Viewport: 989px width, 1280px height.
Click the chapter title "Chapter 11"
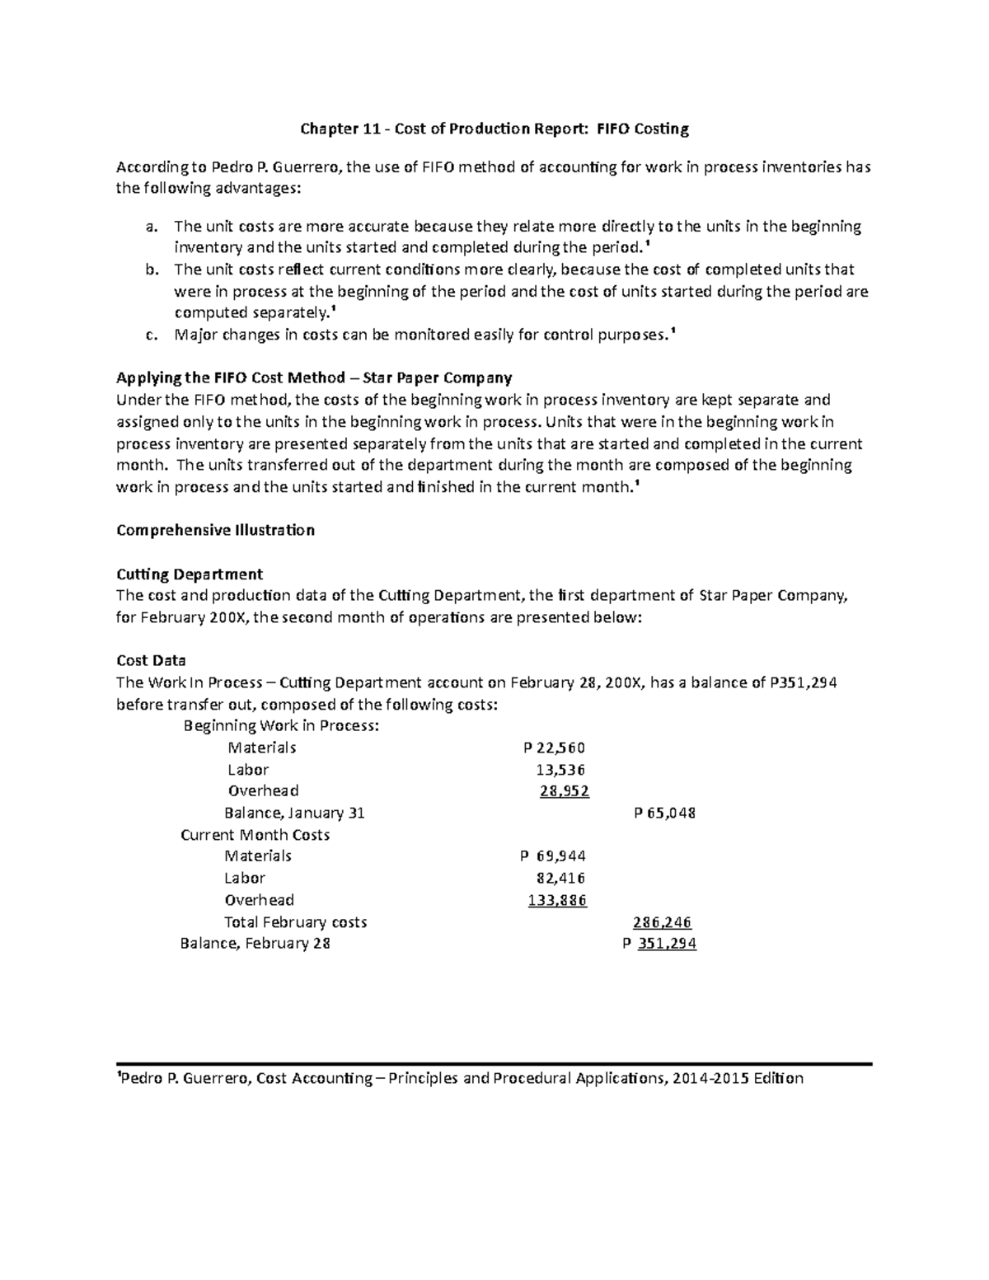point(335,129)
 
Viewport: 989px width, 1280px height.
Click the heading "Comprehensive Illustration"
point(215,530)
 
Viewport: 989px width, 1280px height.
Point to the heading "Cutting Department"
point(190,574)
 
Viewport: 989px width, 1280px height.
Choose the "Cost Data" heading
point(151,660)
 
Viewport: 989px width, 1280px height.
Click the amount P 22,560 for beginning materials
point(554,748)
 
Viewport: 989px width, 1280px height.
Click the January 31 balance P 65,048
point(664,813)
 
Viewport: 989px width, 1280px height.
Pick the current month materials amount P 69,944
point(549,856)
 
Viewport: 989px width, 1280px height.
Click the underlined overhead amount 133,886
point(557,900)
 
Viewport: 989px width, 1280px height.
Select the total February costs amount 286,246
point(662,922)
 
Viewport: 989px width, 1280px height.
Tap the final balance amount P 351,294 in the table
point(659,944)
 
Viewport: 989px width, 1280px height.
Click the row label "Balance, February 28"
point(255,944)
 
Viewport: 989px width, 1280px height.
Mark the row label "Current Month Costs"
point(255,835)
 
